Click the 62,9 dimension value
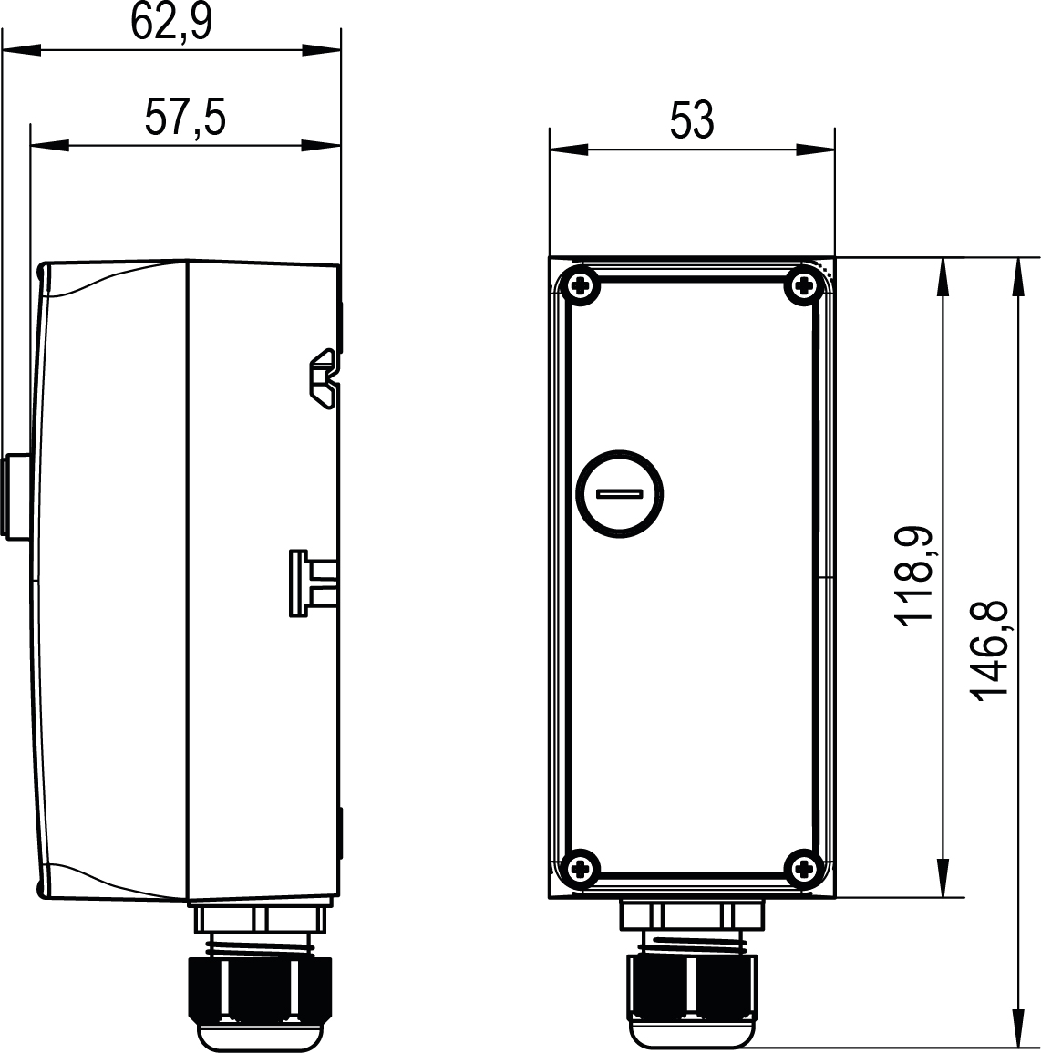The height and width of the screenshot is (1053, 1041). pos(171,22)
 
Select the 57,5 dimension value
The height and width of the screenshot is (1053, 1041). pos(185,117)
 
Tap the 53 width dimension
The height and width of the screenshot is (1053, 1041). pos(692,121)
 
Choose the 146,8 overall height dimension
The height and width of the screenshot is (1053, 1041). pos(989,650)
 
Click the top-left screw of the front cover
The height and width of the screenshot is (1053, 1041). pos(581,287)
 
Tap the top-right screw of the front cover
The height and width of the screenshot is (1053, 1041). pos(804,287)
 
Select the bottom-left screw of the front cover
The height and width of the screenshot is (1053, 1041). pos(581,869)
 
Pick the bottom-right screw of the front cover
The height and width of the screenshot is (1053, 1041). pos(804,869)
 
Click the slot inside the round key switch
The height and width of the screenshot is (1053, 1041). pos(620,494)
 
